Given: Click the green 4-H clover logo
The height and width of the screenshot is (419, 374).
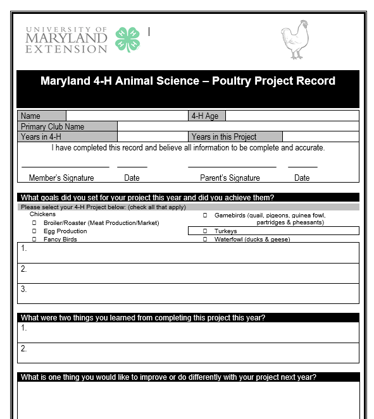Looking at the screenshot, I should coord(128,39).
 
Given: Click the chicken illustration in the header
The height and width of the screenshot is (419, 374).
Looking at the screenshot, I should coord(296,40).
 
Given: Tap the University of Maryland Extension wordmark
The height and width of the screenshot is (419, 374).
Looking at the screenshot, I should coord(66,40).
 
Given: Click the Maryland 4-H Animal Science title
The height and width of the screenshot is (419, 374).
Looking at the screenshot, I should coord(188,81).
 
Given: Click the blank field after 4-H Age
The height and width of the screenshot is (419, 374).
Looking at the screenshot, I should coord(292,116).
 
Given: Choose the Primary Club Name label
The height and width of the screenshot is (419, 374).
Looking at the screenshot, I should coord(53,126).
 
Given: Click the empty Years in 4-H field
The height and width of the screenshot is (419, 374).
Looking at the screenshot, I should coord(153,137).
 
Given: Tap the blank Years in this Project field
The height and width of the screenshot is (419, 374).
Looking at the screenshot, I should coord(320,137).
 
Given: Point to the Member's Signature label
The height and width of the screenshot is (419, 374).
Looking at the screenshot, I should coord(61,178).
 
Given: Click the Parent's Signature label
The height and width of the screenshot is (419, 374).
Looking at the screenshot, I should coord(230,178).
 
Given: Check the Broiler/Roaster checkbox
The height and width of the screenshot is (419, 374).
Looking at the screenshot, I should coord(35,223).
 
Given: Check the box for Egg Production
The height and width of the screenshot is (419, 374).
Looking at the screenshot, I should coord(35,231).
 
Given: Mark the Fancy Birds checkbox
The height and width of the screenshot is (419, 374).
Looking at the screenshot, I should coord(35,240).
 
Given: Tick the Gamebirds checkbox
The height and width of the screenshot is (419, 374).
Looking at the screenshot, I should coord(205,215).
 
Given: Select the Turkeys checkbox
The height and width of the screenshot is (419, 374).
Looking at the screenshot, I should coord(205,231).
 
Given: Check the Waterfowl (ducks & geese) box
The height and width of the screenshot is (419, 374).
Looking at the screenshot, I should coord(205,240).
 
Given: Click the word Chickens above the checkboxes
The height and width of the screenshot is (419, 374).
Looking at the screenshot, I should coord(42,214).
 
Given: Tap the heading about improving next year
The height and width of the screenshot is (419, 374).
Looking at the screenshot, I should coord(168,377).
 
